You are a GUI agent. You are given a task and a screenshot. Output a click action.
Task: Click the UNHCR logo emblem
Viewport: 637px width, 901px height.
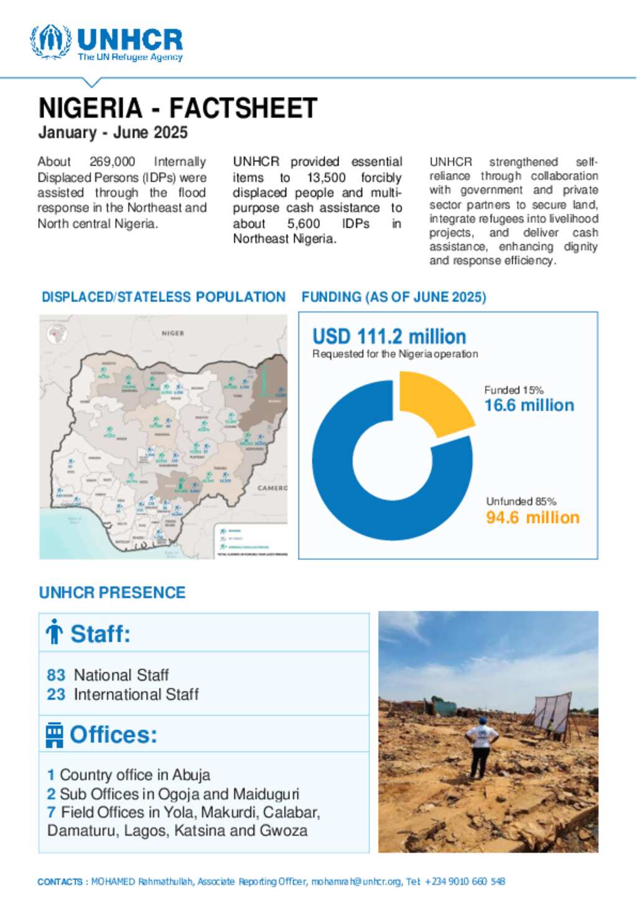point(50,42)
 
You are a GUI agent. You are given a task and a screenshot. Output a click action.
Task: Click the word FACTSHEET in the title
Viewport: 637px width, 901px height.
point(243,108)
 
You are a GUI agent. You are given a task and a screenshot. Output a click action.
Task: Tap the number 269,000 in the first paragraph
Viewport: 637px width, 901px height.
point(112,162)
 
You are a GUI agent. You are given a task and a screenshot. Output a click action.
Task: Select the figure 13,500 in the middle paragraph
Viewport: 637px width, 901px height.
point(326,177)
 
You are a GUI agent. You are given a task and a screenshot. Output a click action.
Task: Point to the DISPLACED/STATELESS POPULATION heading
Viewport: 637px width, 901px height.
point(163,297)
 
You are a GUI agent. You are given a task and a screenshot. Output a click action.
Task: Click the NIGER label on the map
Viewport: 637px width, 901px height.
point(173,333)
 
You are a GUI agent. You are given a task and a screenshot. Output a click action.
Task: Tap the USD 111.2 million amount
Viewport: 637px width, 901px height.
point(389,337)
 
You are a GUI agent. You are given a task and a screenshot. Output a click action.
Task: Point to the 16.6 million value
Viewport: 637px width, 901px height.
point(529,405)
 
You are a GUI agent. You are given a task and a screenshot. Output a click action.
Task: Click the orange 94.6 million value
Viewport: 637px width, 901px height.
point(532,517)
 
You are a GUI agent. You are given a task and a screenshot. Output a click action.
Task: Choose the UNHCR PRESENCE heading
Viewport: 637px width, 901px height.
point(112,593)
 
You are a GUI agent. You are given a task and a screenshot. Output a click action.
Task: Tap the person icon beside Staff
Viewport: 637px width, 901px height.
point(55,632)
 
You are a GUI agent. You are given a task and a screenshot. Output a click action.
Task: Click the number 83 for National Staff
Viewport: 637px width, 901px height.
point(56,675)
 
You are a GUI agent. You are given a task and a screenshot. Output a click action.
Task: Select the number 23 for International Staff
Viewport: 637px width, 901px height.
point(56,694)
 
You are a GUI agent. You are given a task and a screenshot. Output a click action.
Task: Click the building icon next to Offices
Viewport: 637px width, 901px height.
point(54,735)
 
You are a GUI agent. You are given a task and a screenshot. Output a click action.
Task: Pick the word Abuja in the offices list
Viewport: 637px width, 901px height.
point(191,775)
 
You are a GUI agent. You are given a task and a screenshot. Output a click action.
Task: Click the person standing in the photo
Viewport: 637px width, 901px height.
point(481,747)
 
